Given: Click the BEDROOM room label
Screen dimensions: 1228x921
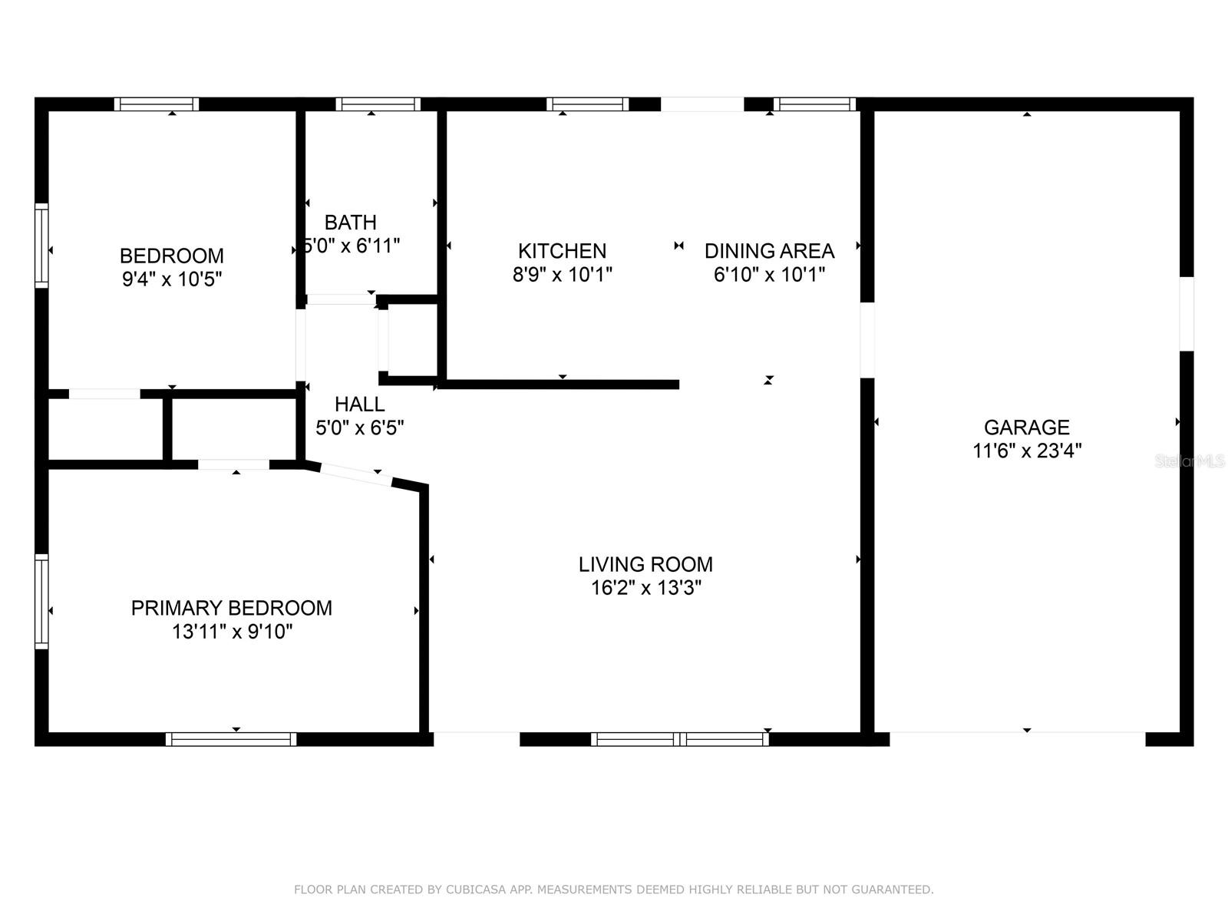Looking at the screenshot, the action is [x=172, y=256].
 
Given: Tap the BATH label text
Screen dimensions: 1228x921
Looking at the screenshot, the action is [x=350, y=223].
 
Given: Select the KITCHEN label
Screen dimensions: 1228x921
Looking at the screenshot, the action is [x=563, y=251].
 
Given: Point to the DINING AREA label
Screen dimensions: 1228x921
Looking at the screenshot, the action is [x=769, y=251].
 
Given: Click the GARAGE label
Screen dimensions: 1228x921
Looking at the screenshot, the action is [x=1027, y=427].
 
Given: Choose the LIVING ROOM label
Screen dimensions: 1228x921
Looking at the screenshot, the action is [x=645, y=564].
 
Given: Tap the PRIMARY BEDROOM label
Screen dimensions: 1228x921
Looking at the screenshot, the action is [x=232, y=608].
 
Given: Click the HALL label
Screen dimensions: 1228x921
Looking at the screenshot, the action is [x=360, y=404].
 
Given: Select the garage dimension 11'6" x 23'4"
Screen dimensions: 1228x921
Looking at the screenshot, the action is [x=1027, y=451].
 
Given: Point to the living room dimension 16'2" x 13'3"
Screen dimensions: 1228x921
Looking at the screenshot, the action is [x=646, y=588].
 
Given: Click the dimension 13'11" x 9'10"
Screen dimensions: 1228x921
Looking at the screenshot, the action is [x=233, y=632].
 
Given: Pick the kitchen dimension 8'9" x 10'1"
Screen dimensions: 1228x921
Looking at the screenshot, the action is [x=563, y=275].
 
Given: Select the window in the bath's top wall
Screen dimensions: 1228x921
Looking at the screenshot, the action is [x=378, y=104].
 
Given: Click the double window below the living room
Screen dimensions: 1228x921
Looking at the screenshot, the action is [x=680, y=739].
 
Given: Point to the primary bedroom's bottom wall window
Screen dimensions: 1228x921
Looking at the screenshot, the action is [x=231, y=739].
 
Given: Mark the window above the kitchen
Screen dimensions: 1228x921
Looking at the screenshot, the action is [x=587, y=104].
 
